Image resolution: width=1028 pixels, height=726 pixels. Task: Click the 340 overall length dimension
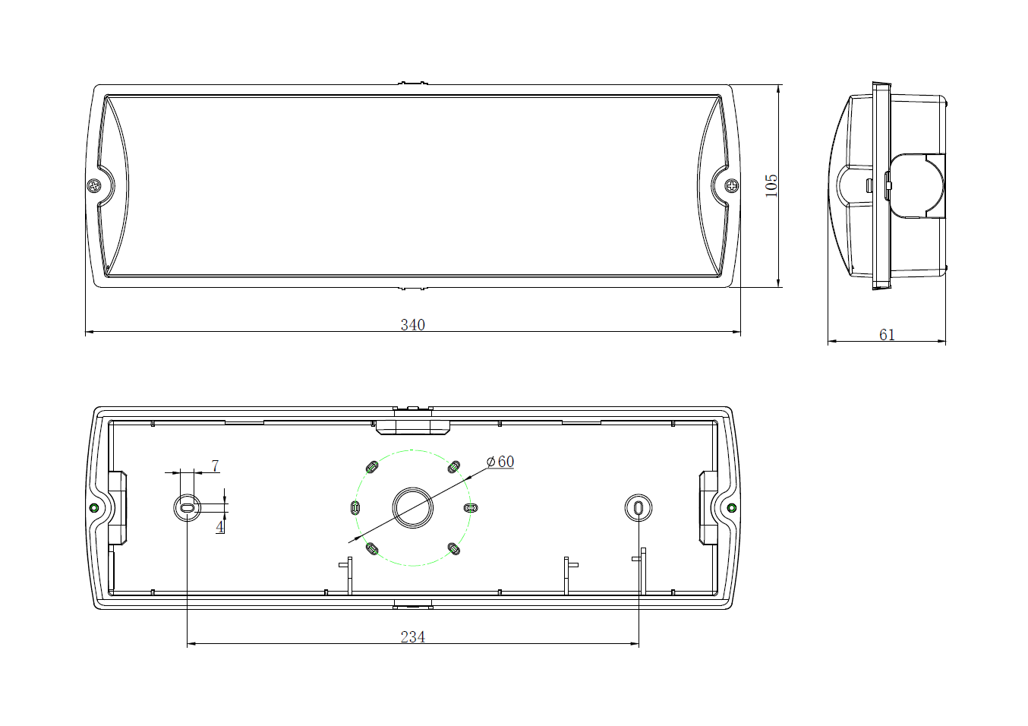point(412,325)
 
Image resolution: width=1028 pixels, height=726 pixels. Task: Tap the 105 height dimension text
point(771,185)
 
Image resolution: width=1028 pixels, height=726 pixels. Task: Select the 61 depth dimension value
point(887,335)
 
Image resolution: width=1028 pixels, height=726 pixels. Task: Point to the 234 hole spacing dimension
point(412,637)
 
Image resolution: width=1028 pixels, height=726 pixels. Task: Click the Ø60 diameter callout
point(500,462)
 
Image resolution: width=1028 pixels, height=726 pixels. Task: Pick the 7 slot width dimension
point(215,466)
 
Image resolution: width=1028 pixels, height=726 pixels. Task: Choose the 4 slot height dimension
point(220,527)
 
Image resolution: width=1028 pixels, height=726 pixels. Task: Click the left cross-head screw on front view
point(94,186)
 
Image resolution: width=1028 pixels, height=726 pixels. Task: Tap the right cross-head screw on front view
point(732,186)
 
